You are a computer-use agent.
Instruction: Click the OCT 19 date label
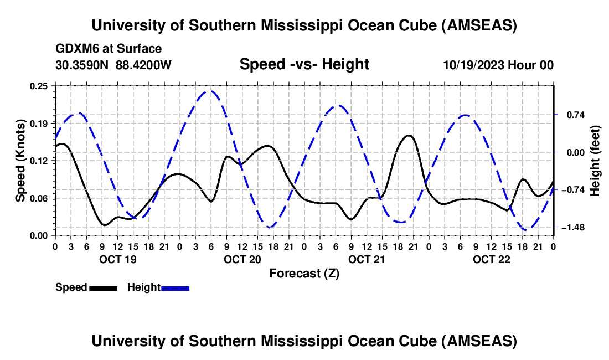[x=117, y=259]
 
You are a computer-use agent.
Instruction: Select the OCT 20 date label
[x=242, y=259]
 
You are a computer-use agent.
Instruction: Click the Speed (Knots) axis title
[x=20, y=161]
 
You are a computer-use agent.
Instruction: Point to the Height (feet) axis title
[x=595, y=161]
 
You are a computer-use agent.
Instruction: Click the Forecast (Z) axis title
[x=304, y=273]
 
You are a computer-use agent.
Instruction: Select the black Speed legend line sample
[x=103, y=288]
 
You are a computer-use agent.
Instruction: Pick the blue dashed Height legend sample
[x=175, y=288]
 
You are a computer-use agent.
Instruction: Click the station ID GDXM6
[x=74, y=49]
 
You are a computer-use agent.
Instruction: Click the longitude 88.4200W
[x=143, y=65]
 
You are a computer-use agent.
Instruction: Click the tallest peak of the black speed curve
[x=409, y=135]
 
